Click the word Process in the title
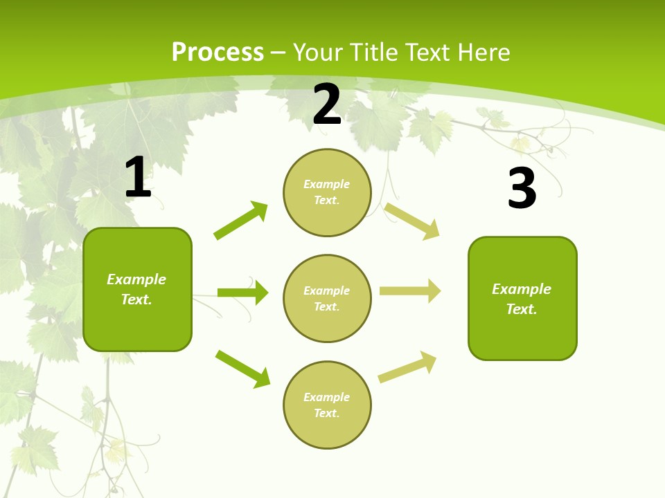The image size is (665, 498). click(x=218, y=53)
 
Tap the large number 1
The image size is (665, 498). click(x=138, y=178)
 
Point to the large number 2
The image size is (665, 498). click(x=327, y=104)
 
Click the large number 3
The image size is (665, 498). click(x=522, y=189)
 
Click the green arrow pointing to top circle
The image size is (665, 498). click(x=240, y=221)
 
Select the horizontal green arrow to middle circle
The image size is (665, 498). click(x=242, y=293)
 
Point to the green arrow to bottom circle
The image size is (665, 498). click(x=242, y=369)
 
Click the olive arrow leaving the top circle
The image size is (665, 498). click(x=412, y=221)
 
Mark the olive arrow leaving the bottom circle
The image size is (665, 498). click(x=407, y=367)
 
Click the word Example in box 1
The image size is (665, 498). click(x=136, y=279)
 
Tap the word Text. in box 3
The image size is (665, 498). click(x=522, y=309)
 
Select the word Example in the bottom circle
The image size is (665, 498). click(x=327, y=397)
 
